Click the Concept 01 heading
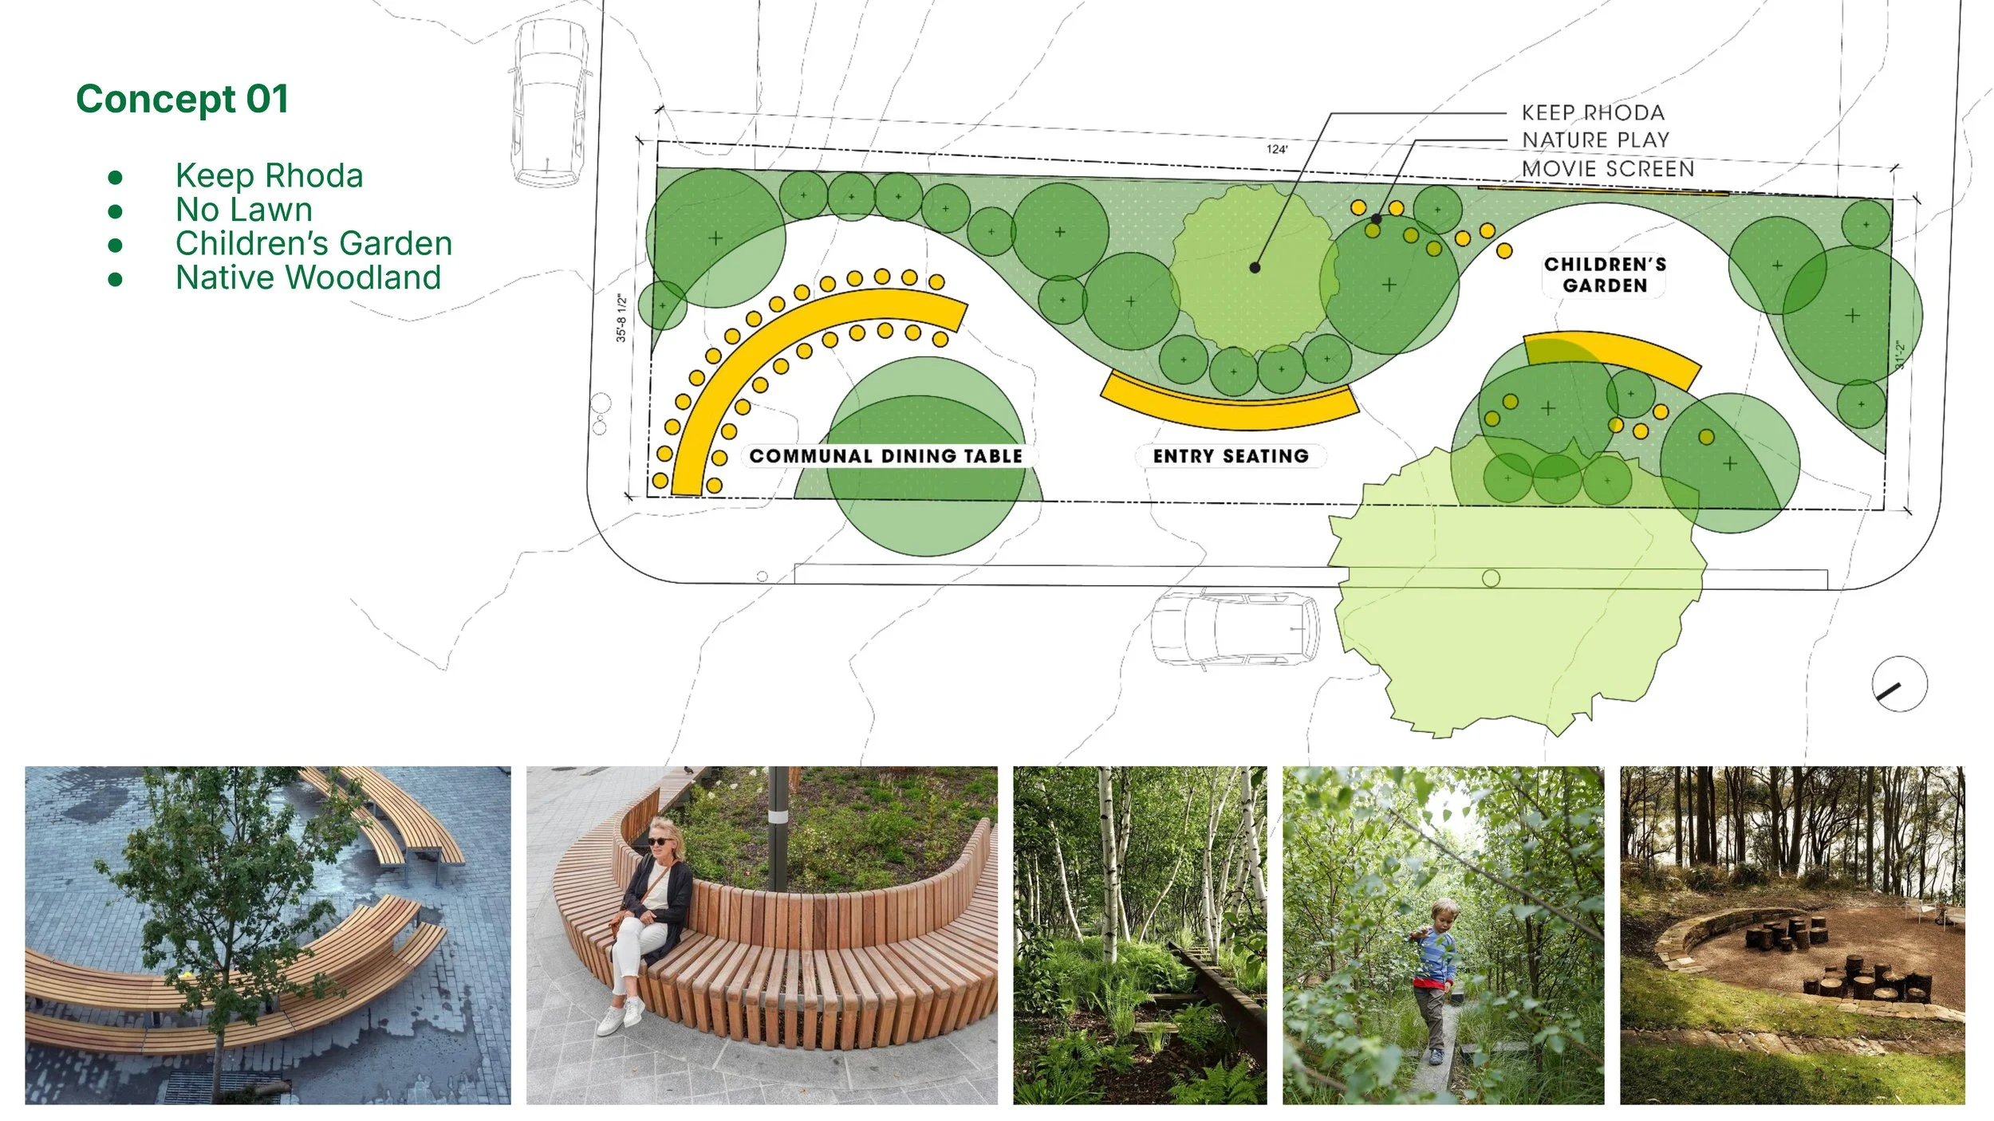(x=182, y=100)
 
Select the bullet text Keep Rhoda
(x=269, y=175)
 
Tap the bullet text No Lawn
(x=243, y=210)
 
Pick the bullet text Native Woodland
(x=308, y=277)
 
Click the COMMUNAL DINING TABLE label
(x=885, y=456)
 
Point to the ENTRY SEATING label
(x=1230, y=456)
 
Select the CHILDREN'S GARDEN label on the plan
(x=1605, y=275)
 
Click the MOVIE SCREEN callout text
(x=1608, y=169)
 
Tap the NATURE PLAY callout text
(x=1595, y=140)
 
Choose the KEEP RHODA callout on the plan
(x=1593, y=112)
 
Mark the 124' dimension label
(x=1276, y=149)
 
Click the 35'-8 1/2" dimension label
(x=621, y=318)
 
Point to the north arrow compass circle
(x=1899, y=684)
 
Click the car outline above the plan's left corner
(x=550, y=104)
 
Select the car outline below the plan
(x=1235, y=628)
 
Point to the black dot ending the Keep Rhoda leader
(x=1255, y=268)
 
